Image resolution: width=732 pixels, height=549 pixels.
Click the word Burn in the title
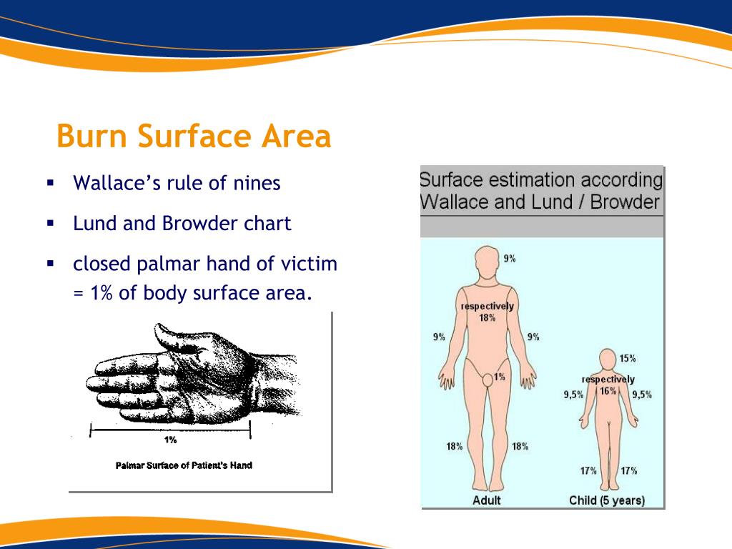92,136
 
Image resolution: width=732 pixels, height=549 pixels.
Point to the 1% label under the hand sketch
170,440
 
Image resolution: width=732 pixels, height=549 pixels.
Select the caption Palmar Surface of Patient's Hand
184,465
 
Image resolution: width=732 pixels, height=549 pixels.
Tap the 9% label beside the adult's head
510,259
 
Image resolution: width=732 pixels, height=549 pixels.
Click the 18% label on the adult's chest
487,318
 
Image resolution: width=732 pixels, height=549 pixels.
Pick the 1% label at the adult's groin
500,377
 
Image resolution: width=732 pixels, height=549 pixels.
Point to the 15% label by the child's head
628,359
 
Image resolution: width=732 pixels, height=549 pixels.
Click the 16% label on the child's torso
608,391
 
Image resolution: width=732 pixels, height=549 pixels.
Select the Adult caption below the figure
486,500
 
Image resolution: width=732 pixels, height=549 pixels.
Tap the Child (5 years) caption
607,500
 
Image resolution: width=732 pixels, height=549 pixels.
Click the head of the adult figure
487,261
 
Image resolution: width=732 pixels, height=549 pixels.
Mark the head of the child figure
608,360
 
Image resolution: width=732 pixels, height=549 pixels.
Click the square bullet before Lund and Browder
51,224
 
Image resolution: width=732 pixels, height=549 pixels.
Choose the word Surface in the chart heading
450,180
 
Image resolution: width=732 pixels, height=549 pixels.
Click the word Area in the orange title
296,136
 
